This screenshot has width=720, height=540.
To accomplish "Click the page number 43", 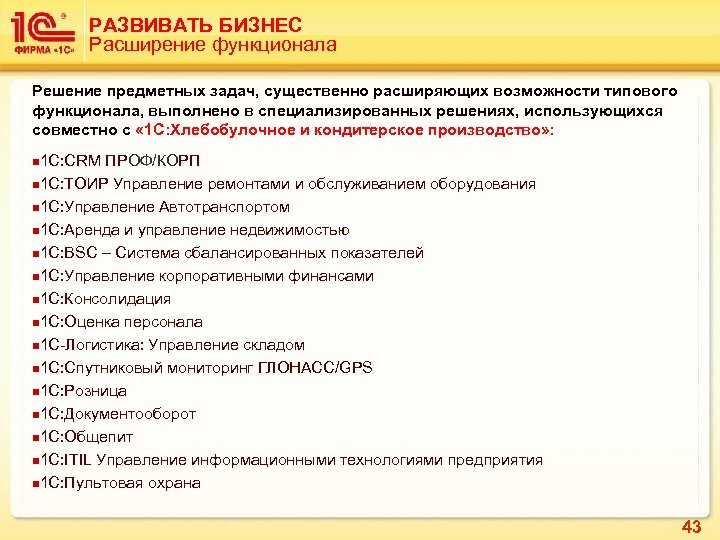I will [x=691, y=526].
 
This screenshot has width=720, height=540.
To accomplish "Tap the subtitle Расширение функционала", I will [x=213, y=45].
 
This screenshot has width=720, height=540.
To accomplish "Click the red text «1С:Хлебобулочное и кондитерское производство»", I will [x=341, y=131].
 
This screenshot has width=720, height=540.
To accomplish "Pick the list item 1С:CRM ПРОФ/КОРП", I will [x=118, y=162].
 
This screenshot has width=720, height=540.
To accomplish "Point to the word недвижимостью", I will [x=289, y=230].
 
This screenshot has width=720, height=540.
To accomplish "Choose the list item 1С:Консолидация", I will [x=104, y=299].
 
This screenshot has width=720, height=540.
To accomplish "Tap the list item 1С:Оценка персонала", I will [x=120, y=322].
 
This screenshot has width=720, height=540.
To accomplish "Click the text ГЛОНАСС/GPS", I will [x=315, y=368].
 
